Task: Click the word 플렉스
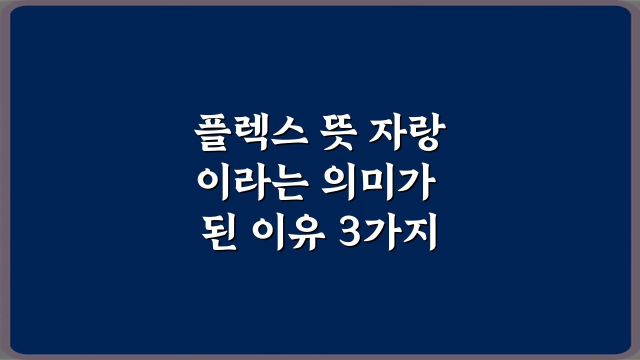click(251, 132)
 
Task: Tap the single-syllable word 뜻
click(338, 132)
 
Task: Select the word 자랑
click(407, 132)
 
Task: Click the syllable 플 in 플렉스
click(212, 132)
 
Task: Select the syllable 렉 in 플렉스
click(251, 132)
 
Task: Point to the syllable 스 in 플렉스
click(289, 132)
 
